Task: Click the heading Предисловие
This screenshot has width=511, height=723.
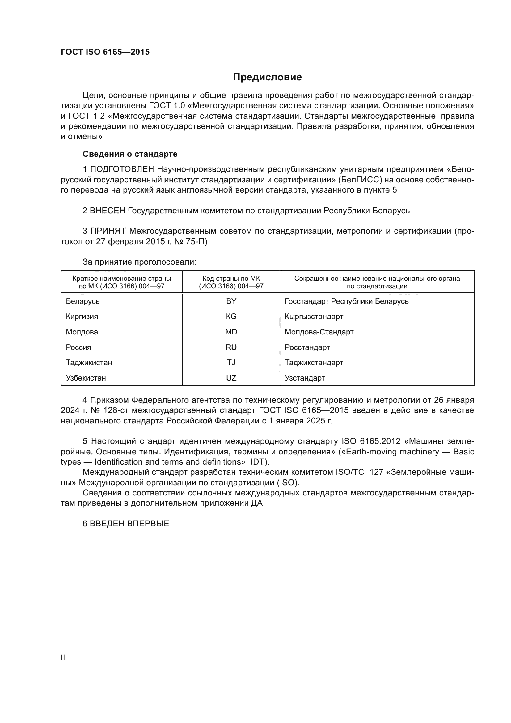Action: click(267, 77)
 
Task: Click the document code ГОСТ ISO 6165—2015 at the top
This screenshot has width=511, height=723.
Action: click(105, 52)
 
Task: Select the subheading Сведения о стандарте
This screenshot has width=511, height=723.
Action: click(130, 154)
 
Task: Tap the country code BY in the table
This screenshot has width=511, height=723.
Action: click(231, 301)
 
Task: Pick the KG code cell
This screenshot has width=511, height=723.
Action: click(231, 317)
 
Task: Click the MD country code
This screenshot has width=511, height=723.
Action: click(231, 332)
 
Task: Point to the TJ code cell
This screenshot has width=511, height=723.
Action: click(231, 363)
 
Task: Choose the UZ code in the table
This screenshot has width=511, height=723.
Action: click(231, 378)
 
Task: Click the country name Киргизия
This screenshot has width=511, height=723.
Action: click(82, 317)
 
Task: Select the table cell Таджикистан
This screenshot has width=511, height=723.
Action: click(89, 363)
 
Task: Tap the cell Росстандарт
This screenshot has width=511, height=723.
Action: click(307, 347)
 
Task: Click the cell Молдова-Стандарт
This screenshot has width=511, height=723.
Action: click(319, 332)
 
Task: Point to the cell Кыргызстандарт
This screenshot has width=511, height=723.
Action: click(314, 317)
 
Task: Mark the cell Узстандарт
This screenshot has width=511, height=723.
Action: click(305, 378)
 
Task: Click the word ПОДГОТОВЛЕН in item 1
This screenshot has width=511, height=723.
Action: click(122, 169)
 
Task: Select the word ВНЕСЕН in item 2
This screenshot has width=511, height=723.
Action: click(108, 211)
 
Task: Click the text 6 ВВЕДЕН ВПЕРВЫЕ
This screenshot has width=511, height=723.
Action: click(126, 524)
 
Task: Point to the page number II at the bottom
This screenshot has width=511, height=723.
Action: click(63, 657)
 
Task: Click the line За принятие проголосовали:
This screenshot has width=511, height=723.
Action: click(139, 262)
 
